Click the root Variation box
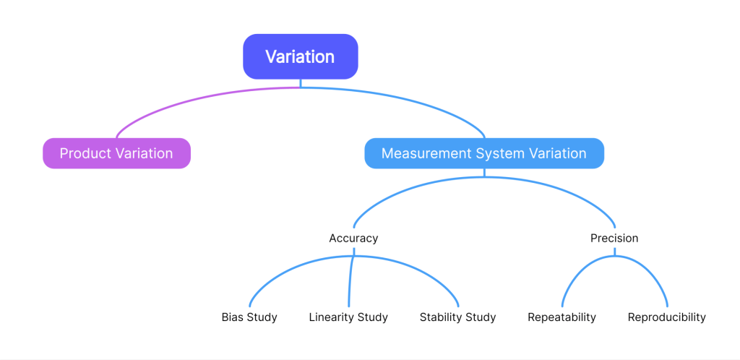300,56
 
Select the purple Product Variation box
116,153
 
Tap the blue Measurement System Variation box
483,153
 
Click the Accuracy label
353,238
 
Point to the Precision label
614,238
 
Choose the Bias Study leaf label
249,317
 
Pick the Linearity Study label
348,317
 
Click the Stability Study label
457,317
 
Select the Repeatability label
562,317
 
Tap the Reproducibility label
666,317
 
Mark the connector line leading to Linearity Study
350,282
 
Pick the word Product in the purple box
83,153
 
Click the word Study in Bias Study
262,317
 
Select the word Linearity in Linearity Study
332,317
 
